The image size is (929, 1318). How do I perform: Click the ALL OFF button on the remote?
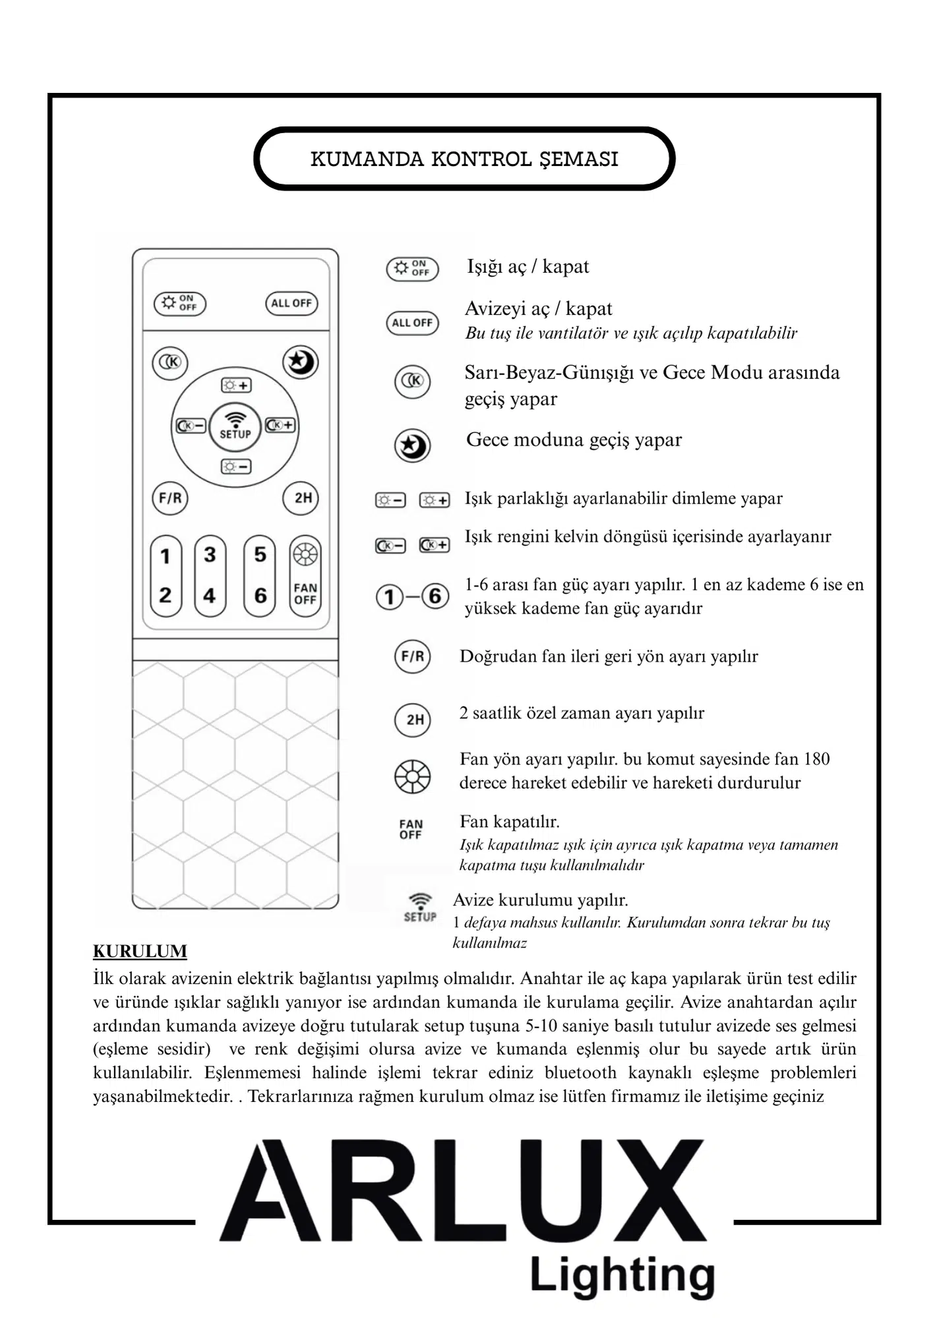click(x=291, y=303)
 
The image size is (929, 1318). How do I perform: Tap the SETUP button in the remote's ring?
click(x=235, y=426)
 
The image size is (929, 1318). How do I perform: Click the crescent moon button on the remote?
click(x=301, y=362)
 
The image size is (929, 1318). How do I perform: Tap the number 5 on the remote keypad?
click(x=260, y=554)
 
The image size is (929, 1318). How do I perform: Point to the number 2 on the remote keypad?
click(x=165, y=595)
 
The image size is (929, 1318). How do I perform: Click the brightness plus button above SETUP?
click(x=235, y=385)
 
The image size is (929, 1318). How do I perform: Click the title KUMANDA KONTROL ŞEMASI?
click(x=464, y=159)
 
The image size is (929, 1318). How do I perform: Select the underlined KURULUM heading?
click(x=140, y=951)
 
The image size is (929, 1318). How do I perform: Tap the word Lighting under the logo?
click(x=622, y=1276)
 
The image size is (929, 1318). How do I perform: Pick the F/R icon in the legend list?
click(x=413, y=656)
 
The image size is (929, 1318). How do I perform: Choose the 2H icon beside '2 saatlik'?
click(x=413, y=720)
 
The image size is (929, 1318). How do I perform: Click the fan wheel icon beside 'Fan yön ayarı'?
click(x=413, y=776)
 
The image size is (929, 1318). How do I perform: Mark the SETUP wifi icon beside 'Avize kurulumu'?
click(x=420, y=907)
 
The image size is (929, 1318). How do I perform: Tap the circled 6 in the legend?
click(x=435, y=596)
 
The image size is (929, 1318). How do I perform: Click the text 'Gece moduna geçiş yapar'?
click(x=574, y=440)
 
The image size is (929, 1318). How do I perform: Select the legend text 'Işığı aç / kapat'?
click(x=527, y=267)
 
